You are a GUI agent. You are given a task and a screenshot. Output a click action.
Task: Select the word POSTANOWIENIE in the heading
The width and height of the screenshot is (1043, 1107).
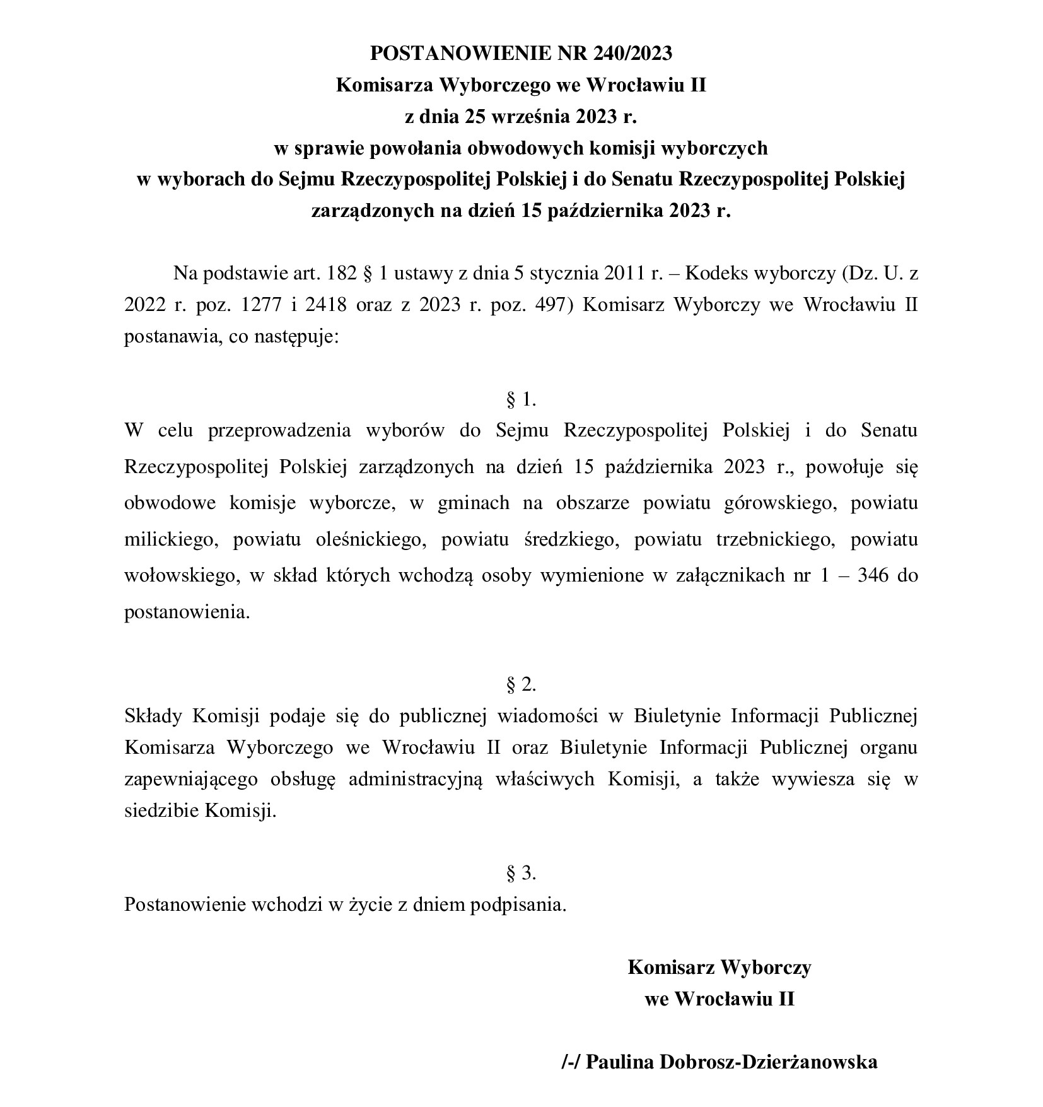tap(458, 54)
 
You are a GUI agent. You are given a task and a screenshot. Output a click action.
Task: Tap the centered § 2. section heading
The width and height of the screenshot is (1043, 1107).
tap(521, 684)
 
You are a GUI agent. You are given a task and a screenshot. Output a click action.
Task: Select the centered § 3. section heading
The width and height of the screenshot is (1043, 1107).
tap(521, 873)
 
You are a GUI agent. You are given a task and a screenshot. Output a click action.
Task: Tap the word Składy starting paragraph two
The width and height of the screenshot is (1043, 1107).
tap(153, 716)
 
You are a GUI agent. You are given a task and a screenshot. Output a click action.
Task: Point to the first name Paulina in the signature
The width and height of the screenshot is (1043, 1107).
tap(622, 1062)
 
